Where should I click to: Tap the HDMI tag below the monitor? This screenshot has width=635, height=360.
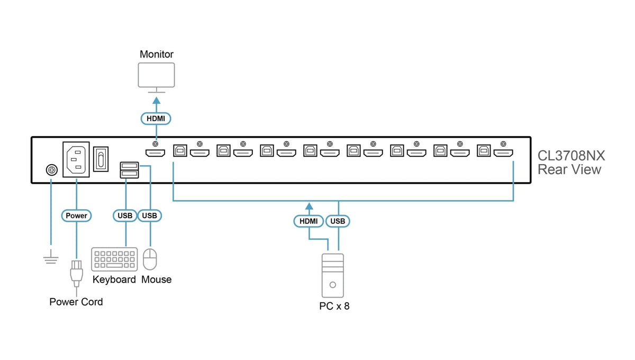click(156, 119)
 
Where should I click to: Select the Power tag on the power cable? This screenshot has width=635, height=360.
click(76, 215)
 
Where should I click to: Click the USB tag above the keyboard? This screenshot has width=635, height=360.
click(125, 215)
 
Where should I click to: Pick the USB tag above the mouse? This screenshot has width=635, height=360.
click(149, 215)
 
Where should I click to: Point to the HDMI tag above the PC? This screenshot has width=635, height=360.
click(309, 221)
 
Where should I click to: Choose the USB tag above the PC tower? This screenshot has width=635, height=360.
click(338, 221)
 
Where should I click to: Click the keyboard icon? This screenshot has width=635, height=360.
click(114, 259)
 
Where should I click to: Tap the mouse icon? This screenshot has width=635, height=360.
click(150, 259)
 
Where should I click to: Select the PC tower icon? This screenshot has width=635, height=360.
click(333, 275)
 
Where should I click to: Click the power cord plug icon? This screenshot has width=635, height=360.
click(77, 274)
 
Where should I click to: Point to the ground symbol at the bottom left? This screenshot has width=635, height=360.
click(51, 257)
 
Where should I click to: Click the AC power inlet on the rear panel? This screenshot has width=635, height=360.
click(76, 159)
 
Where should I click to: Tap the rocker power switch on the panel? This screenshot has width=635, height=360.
click(101, 159)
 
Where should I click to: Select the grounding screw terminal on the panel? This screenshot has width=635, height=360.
click(52, 170)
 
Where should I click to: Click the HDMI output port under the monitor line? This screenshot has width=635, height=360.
click(156, 153)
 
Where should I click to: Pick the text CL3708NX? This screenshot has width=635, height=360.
click(571, 156)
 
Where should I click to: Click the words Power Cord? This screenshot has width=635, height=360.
click(76, 302)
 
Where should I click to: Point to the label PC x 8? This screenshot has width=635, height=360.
click(334, 306)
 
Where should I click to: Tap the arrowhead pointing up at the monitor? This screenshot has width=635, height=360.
click(157, 101)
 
